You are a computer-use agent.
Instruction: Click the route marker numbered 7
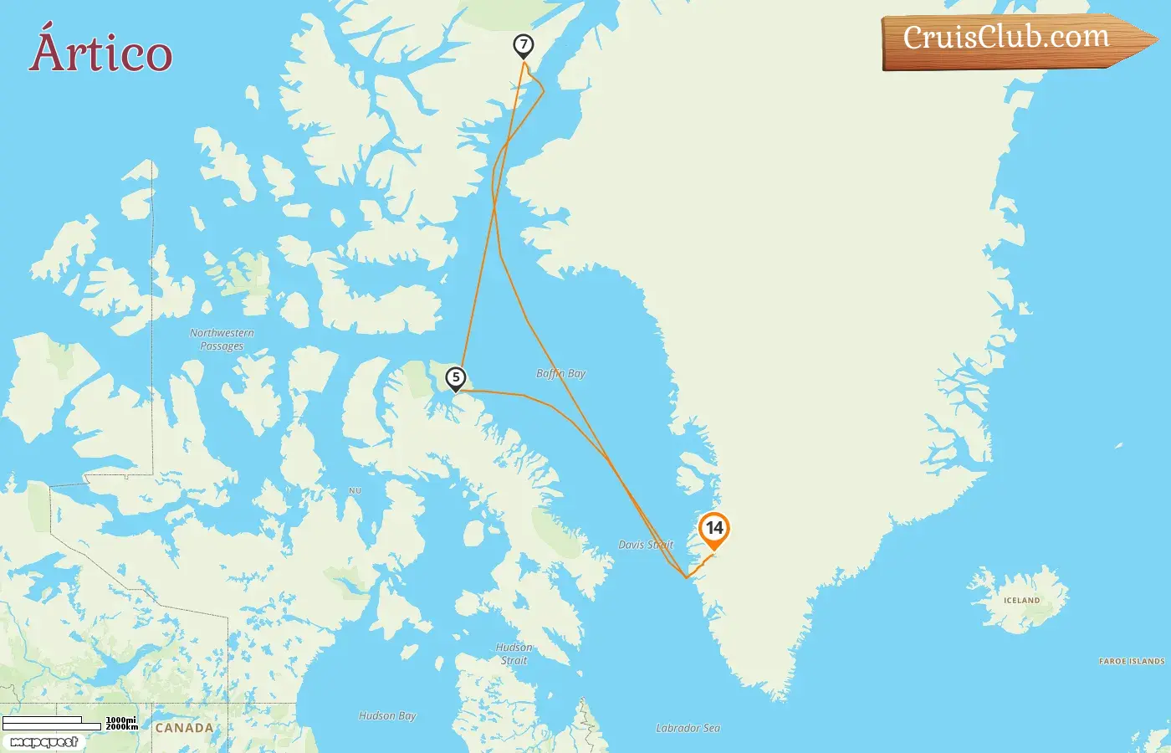[x=524, y=45]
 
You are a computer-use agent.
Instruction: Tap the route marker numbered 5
[x=456, y=378]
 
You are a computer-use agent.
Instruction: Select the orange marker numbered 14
[x=713, y=529]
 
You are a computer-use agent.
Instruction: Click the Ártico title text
[x=101, y=52]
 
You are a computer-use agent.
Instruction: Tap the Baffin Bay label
[x=560, y=373]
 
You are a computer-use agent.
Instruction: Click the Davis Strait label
[x=645, y=545]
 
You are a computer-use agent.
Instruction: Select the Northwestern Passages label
[x=222, y=339]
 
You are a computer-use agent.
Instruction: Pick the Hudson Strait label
[x=514, y=653]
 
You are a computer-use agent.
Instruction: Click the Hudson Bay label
[x=387, y=716]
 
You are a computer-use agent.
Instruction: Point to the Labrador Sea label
[x=688, y=728]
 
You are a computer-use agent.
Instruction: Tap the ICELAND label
[x=1021, y=601]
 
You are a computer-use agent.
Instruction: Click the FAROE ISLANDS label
[x=1131, y=661]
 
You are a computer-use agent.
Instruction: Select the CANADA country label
[x=184, y=728]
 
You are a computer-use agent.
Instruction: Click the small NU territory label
[x=355, y=490]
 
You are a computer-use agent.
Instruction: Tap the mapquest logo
[x=43, y=742]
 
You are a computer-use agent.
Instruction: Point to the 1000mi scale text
[x=121, y=720]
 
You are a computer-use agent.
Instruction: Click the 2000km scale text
[x=122, y=727]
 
